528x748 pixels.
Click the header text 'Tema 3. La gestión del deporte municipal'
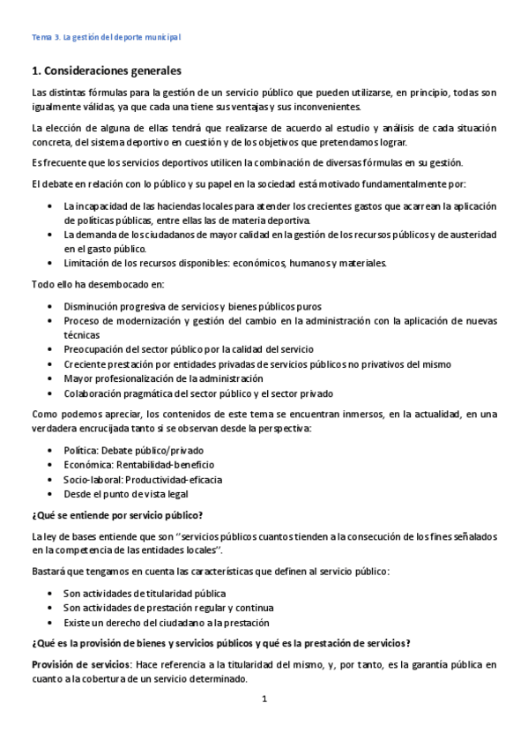[105, 37]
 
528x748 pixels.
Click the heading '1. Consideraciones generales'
[106, 70]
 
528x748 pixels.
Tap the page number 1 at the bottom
[264, 699]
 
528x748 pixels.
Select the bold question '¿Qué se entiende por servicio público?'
[117, 514]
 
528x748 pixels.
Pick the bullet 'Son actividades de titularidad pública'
[145, 593]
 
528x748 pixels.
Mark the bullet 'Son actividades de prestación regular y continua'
[167, 608]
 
